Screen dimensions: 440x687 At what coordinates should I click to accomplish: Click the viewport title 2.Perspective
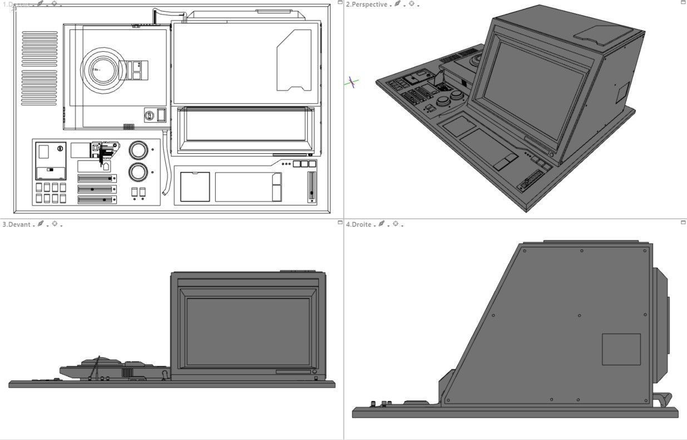[366, 4]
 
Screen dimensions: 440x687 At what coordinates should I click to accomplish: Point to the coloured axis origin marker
[352, 82]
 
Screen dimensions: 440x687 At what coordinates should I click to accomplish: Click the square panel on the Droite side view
[621, 349]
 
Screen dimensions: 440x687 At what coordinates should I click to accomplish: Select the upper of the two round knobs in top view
[138, 150]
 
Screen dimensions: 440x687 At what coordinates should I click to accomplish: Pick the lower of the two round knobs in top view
[138, 172]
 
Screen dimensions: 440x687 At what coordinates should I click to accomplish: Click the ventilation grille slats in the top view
[39, 69]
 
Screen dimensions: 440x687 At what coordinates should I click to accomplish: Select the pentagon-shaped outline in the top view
[294, 60]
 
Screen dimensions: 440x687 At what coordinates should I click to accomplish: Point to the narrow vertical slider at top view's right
[311, 187]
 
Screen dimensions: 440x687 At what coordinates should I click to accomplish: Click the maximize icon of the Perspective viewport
[683, 3]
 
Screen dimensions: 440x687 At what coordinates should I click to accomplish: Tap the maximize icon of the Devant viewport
[340, 223]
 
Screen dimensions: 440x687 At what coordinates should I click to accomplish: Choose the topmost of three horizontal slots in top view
[97, 178]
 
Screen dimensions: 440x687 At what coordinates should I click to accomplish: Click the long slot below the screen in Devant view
[293, 371]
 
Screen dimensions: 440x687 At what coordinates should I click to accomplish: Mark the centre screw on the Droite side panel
[579, 316]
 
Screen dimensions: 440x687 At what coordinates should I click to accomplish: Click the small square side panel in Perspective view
[621, 93]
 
